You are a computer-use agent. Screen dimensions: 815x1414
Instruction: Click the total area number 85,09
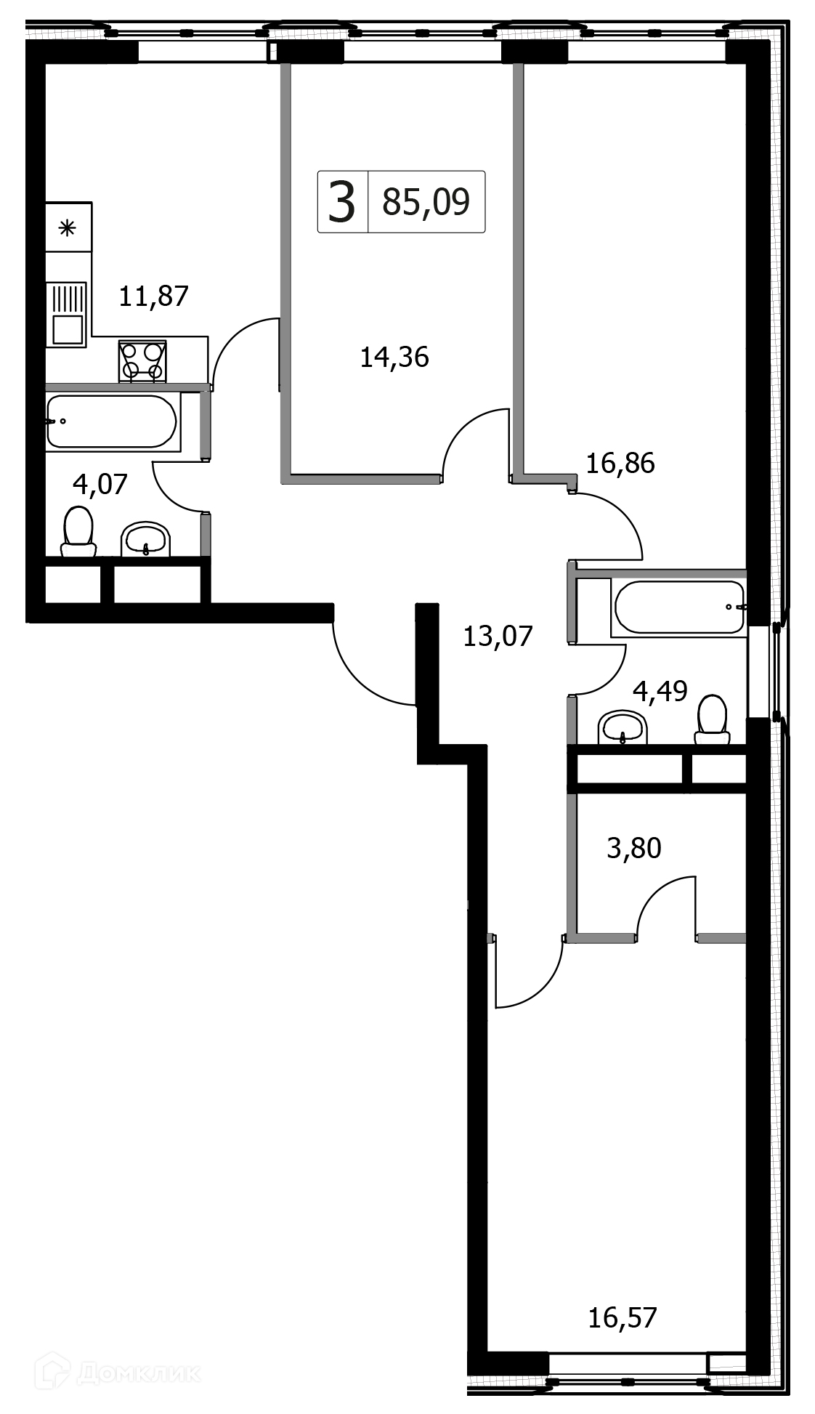(x=426, y=202)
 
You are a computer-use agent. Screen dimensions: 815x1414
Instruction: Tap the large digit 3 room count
(x=342, y=202)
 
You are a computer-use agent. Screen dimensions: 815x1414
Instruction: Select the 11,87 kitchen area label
(x=153, y=296)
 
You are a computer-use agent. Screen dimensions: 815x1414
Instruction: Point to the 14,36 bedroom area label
(x=394, y=357)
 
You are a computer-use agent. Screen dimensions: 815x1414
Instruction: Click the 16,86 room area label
(x=620, y=463)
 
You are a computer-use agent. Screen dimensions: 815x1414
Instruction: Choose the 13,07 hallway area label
(x=498, y=637)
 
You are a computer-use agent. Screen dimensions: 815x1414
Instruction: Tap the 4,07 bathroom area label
(x=100, y=484)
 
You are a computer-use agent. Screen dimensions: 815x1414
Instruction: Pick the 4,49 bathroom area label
(x=660, y=691)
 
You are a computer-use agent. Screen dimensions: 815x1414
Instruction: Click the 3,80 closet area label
(x=634, y=848)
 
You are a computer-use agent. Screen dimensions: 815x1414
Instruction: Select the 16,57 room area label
(x=623, y=1317)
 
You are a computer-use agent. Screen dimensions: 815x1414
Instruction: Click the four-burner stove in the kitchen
(x=142, y=361)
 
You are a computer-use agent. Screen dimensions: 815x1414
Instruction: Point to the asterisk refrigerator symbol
(x=68, y=227)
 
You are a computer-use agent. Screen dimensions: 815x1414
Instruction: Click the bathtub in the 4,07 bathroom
(x=112, y=421)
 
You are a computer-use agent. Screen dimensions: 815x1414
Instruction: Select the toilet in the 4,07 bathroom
(x=78, y=531)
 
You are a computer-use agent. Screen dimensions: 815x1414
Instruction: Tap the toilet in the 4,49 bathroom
(x=712, y=719)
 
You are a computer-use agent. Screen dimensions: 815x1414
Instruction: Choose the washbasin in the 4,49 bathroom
(x=623, y=727)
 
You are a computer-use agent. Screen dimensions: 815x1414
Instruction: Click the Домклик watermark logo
(x=123, y=1373)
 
